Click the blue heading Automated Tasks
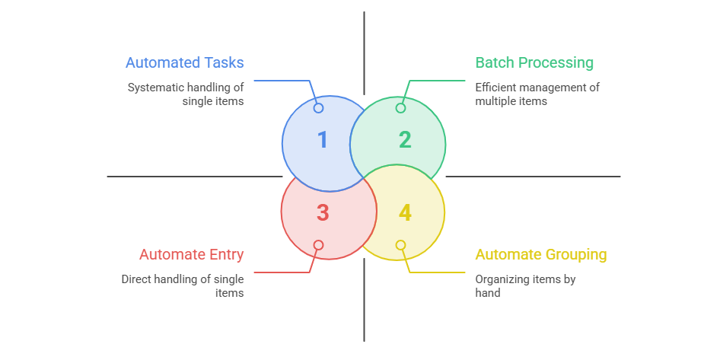pos(184,62)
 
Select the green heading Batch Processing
pos(534,62)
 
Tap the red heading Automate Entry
pos(191,254)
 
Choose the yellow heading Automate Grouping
pos(541,254)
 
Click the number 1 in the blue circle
pos(323,139)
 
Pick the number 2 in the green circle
pos(405,139)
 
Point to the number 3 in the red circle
pos(323,213)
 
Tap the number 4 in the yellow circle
pos(405,213)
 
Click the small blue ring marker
pos(318,108)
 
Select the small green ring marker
pos(400,108)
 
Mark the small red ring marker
pos(318,245)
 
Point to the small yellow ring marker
pos(400,245)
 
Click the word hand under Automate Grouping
pos(488,293)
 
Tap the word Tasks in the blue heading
pos(224,62)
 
